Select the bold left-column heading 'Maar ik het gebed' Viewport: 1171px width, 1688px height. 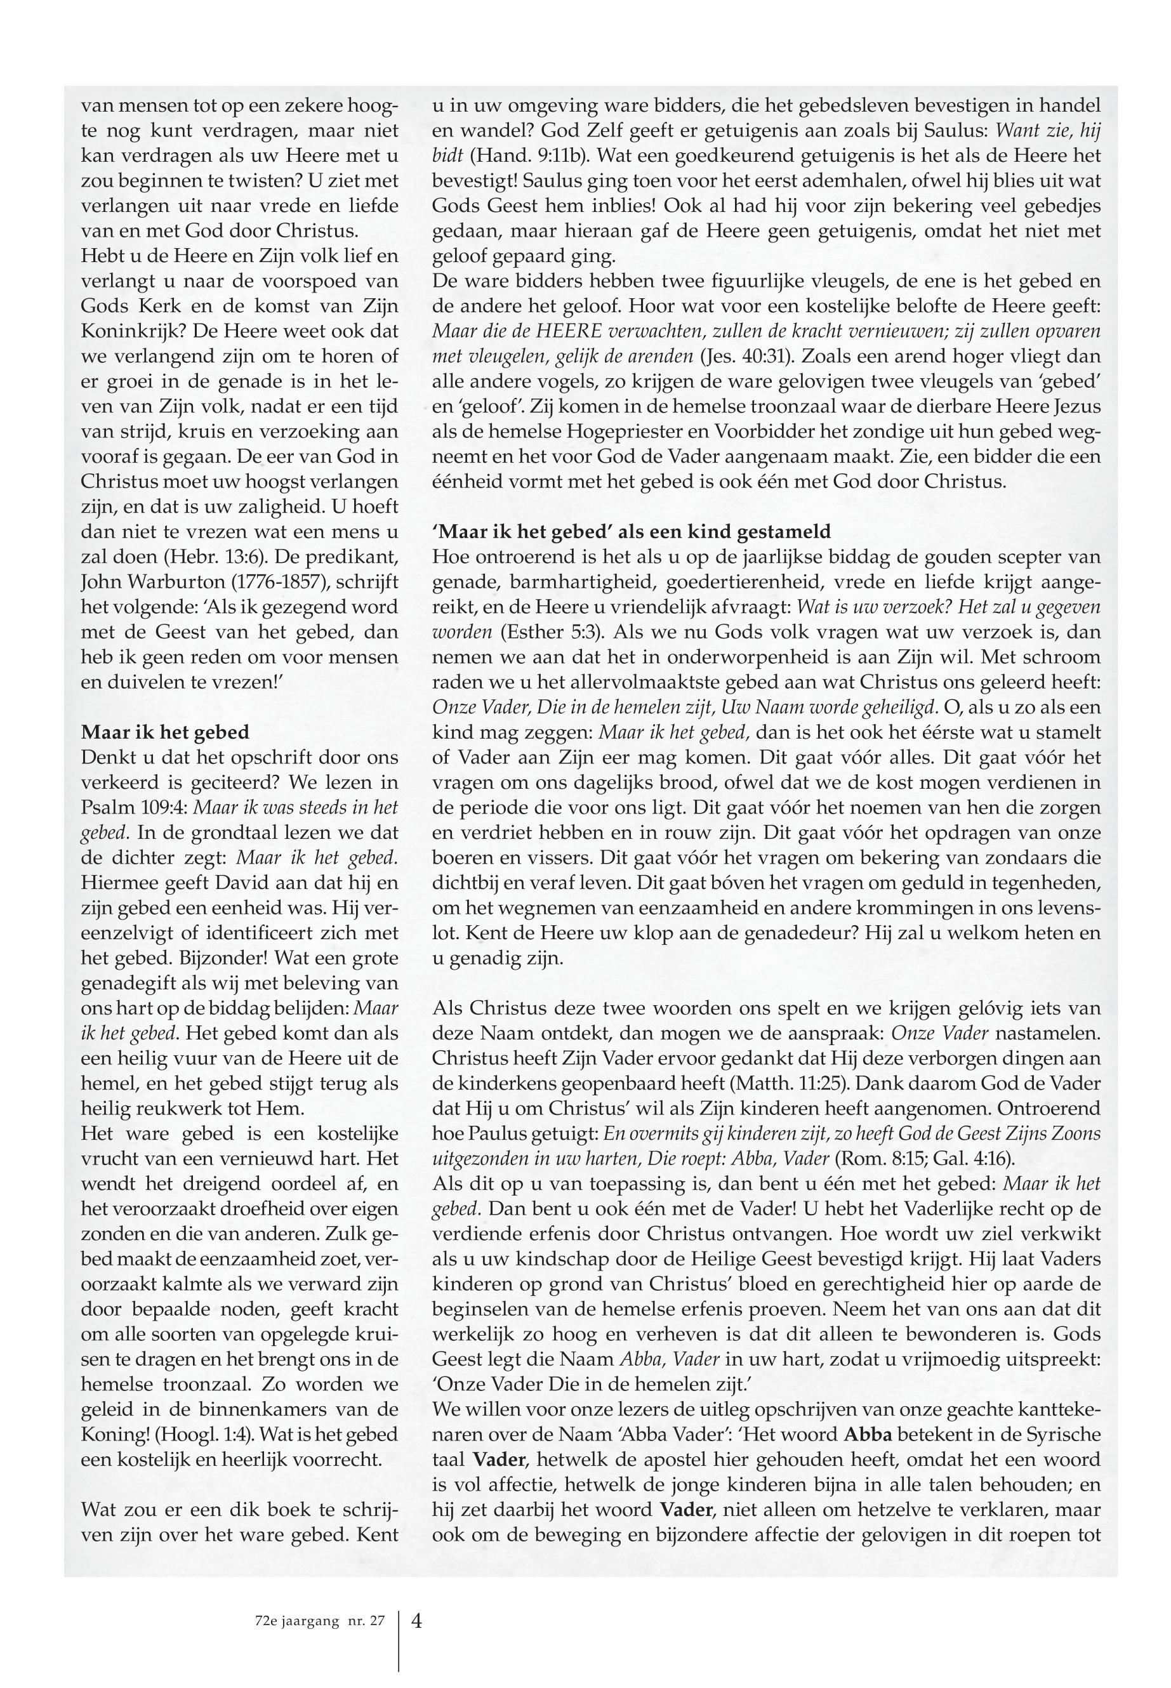(165, 732)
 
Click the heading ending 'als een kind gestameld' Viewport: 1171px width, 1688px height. (632, 531)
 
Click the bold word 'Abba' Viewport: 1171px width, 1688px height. (869, 1434)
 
